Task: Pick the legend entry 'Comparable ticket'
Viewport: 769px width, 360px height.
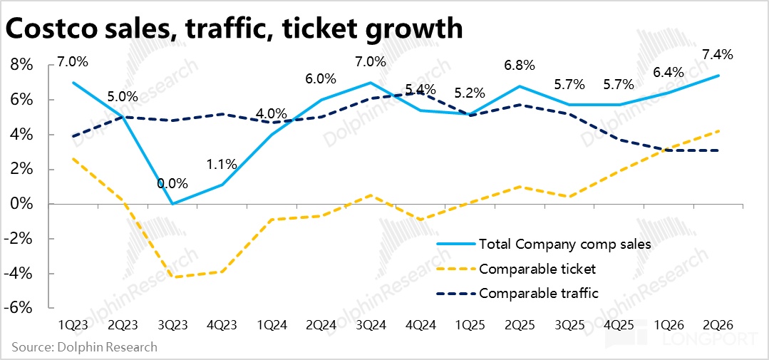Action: (x=537, y=269)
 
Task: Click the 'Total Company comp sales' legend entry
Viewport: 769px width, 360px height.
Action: (x=565, y=245)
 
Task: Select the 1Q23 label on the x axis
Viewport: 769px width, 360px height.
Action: (x=73, y=325)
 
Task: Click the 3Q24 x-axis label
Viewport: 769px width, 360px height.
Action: (x=371, y=325)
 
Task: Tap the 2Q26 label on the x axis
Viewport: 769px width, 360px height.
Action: (x=718, y=325)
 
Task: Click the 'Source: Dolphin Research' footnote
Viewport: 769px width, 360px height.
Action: (x=84, y=347)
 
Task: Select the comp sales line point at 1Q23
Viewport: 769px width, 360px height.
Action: (x=73, y=83)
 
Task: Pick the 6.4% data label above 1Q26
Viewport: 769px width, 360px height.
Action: (x=668, y=72)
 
